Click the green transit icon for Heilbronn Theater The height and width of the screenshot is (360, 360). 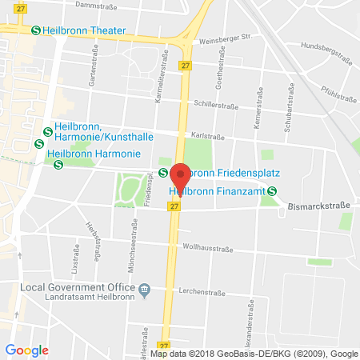36,30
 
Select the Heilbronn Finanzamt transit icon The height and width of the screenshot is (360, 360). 273,190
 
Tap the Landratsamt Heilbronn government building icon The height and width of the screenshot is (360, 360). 145,288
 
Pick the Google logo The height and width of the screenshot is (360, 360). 27,350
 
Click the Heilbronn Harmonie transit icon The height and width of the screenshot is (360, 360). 58,165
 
